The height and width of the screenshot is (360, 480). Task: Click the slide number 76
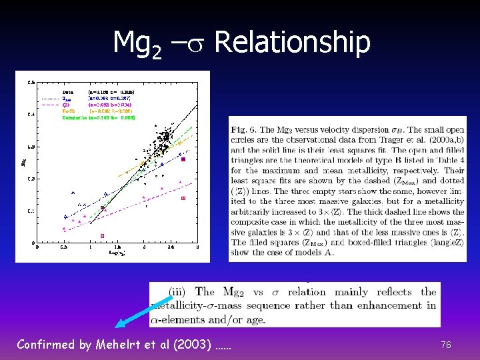pos(446,345)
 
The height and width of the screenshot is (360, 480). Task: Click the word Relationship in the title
pos(292,43)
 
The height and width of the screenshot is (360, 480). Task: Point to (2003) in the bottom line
pos(194,345)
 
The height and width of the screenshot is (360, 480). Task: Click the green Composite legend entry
pos(75,117)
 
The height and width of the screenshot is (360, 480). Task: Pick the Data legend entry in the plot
pos(68,91)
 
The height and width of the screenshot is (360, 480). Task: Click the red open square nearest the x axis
pos(102,235)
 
